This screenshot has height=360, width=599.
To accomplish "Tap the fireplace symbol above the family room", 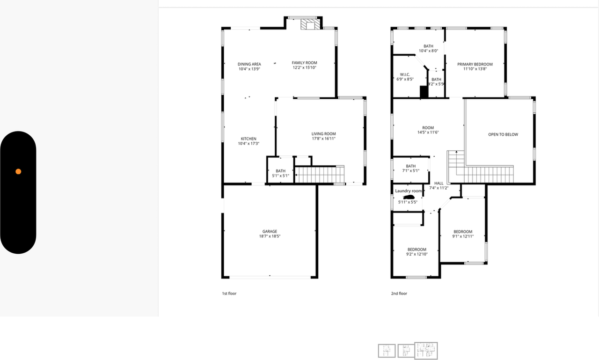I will point(308,25).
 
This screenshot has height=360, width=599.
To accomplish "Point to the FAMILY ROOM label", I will point(304,63).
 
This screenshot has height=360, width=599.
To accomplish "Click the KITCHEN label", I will point(248,139).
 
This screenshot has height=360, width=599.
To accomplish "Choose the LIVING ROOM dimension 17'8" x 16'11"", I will point(323,139).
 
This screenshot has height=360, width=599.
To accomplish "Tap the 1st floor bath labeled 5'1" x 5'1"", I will point(280,173).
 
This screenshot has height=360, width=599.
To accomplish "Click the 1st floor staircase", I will point(319,175).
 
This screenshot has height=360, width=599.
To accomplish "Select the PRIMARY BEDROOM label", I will point(475,64).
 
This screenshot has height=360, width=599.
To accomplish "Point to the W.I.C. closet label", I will point(405,74).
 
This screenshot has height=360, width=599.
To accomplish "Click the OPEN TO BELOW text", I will point(503,134).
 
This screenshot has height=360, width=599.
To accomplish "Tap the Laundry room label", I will point(409,191).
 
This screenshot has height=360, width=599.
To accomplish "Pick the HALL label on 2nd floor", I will point(438,183).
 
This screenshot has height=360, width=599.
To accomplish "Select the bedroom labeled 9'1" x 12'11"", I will point(462,234).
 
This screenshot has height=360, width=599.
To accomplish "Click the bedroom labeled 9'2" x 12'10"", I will point(416,252).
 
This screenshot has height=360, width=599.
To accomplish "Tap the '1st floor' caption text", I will point(229,294).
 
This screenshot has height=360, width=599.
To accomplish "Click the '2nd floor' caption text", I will point(399,294).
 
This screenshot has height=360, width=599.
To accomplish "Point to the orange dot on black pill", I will point(18,171).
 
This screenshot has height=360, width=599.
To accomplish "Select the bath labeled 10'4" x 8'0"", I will point(428,48).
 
